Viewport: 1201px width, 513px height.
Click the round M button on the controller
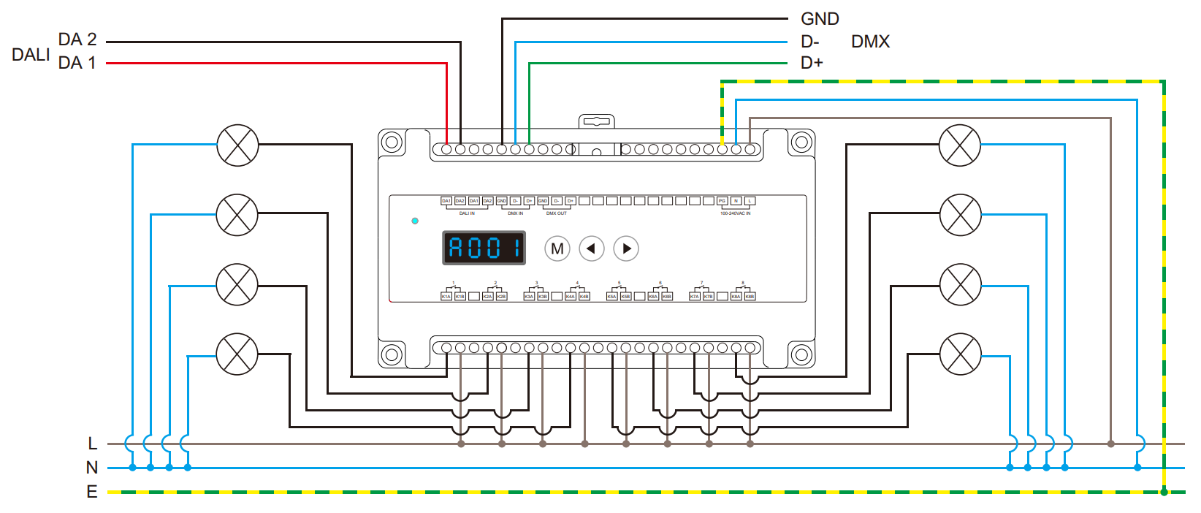pos(557,248)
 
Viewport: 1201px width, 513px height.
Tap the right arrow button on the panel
pos(626,248)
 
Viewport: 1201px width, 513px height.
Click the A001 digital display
pos(484,248)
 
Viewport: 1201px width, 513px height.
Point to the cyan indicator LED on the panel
pos(415,221)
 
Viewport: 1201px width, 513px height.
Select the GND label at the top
pos(820,19)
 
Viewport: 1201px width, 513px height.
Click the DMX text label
pos(870,42)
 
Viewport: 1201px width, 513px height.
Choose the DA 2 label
pos(77,39)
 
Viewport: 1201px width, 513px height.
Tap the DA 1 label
pos(77,63)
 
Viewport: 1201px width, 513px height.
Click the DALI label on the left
pos(31,55)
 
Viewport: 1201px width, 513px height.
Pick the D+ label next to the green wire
pos(812,63)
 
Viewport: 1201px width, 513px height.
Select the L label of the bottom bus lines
pos(92,444)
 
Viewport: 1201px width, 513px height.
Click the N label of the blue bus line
pos(92,468)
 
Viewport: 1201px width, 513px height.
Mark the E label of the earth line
pos(92,492)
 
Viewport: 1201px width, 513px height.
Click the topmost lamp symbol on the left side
pos(237,145)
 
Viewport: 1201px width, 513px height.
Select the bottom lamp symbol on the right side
pos(960,354)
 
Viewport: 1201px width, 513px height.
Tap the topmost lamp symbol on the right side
pos(960,145)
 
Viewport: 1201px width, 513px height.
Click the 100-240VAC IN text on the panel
pos(735,213)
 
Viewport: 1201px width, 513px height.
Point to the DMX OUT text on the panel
pos(557,213)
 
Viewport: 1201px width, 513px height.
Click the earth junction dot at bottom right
pos(1164,492)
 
